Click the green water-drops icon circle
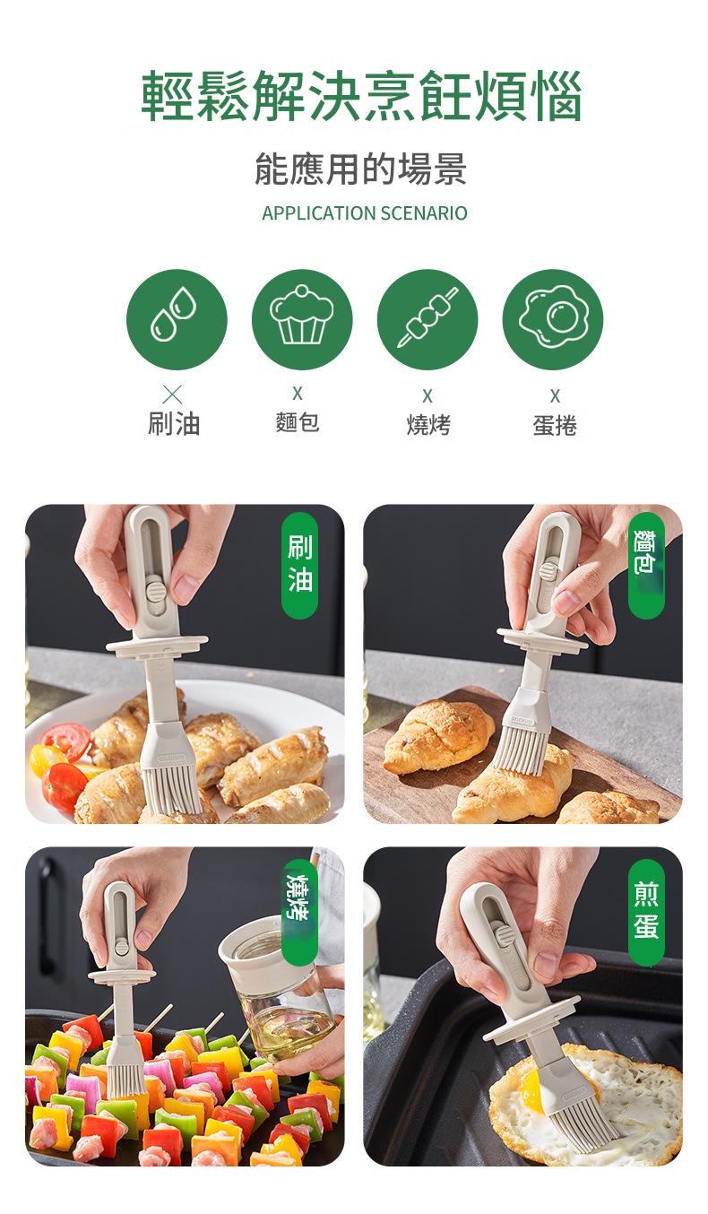point(177,319)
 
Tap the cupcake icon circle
point(302,319)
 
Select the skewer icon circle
point(427,319)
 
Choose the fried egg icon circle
point(553,319)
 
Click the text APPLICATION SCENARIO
point(364,213)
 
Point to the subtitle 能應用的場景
point(360,169)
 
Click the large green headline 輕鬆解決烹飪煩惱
point(361,95)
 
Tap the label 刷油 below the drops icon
point(174,423)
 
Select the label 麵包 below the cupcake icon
point(298,422)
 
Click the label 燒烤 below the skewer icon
point(428,424)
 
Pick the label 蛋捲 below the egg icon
point(555,425)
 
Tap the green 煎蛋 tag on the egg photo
point(646,911)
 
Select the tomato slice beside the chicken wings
point(66,741)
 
